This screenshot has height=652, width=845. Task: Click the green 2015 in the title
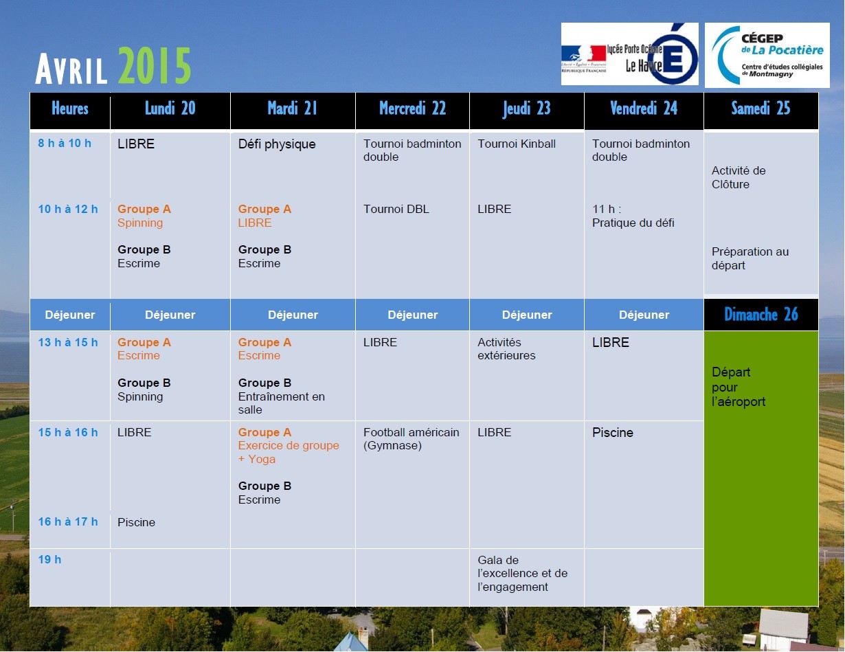154,65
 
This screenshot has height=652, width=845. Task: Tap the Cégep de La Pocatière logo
767,55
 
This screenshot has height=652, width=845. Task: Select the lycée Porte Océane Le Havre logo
629,54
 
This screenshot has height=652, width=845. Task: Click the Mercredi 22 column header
413,109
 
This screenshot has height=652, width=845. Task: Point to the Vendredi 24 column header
644,109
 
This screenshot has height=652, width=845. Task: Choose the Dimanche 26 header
761,314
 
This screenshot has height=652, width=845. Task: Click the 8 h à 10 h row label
65,143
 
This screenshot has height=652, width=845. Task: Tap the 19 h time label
49,559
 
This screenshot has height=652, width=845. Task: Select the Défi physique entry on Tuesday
277,144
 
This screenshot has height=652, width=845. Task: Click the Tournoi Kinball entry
517,144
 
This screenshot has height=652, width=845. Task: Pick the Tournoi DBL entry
396,209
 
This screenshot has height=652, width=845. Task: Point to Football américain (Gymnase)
411,439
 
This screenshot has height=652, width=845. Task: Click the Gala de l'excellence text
522,574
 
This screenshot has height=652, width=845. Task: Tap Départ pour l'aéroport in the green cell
738,387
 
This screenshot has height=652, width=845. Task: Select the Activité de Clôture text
739,177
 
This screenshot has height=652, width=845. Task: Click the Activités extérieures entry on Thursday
506,349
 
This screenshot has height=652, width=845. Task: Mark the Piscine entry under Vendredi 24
613,433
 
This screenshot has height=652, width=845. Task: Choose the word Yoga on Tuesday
262,459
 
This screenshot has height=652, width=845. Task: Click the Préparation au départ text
750,258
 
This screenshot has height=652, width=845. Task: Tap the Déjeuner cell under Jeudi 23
527,315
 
